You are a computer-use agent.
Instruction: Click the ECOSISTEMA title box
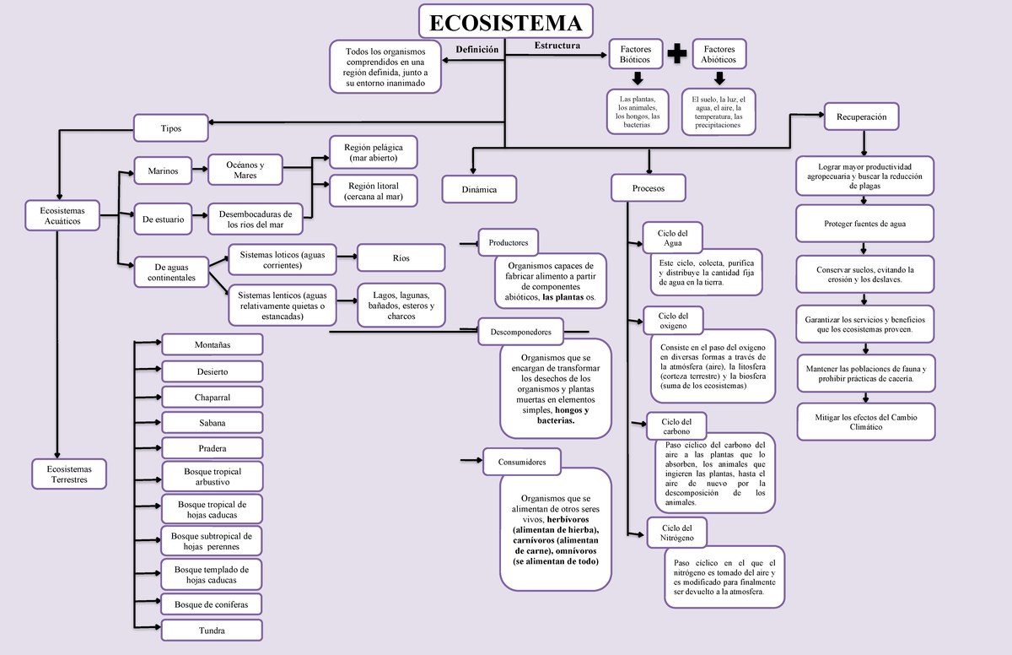coord(506,24)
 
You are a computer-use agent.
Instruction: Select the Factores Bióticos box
coord(635,55)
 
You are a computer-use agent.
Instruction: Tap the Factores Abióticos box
coord(719,55)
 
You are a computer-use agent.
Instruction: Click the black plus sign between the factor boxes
coord(676,55)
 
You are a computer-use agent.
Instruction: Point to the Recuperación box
coord(861,116)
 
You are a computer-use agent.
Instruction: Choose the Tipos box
coord(171,128)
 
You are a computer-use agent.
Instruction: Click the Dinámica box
coord(480,189)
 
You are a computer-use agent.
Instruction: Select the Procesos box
coord(649,188)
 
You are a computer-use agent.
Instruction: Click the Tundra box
coord(212,631)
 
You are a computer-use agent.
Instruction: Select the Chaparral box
coord(212,397)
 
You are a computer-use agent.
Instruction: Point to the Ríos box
coord(401,257)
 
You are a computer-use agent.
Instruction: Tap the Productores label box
coord(508,243)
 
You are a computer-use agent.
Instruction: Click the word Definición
coord(477,50)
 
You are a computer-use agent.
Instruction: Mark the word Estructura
coord(557,45)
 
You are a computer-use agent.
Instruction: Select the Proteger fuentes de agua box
coord(865,224)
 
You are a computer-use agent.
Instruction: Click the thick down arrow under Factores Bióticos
coord(637,78)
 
